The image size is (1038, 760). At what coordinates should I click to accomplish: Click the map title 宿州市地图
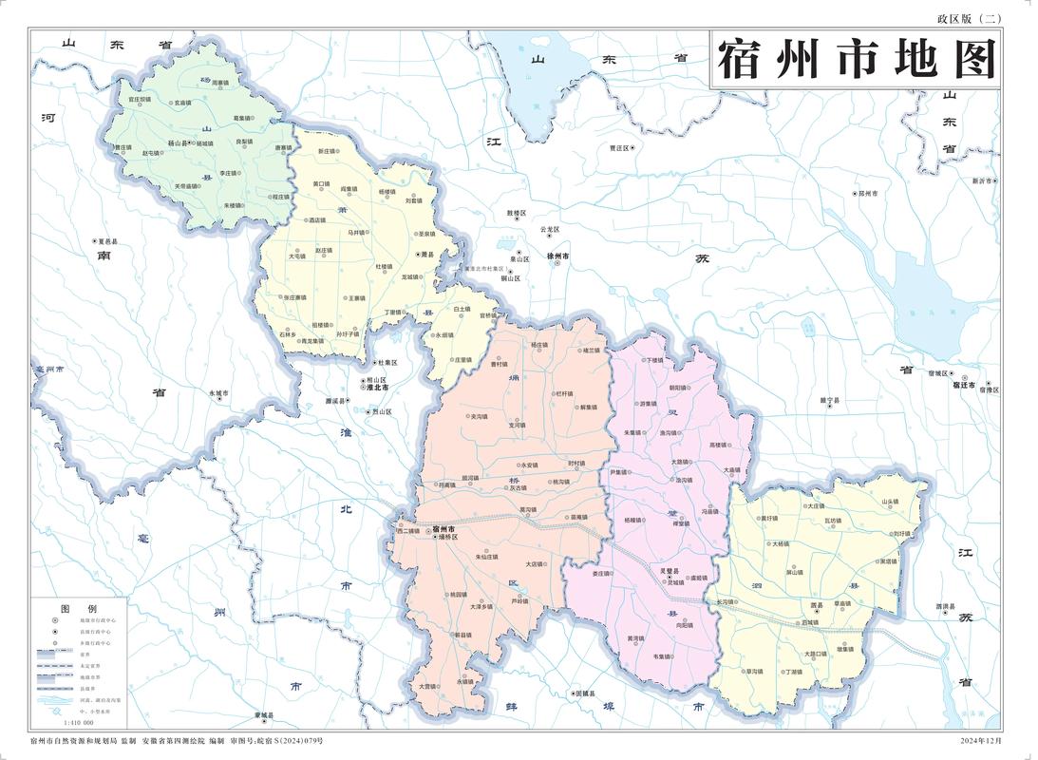[856, 60]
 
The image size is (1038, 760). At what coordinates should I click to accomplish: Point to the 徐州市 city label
[558, 256]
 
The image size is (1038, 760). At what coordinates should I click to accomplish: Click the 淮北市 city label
[380, 387]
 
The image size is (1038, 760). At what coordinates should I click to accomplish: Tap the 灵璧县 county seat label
[672, 570]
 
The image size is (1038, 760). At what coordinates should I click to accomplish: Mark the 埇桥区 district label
[446, 538]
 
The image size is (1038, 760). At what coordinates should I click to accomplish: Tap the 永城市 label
[219, 392]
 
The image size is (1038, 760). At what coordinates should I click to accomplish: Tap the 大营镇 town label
[428, 685]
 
